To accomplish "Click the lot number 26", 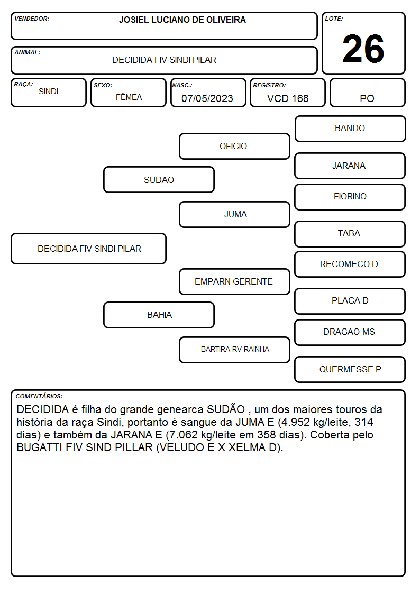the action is (x=363, y=49).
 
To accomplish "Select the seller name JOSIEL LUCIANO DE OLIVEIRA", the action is (x=182, y=20).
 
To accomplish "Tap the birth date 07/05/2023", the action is (x=207, y=98).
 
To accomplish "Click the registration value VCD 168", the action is (x=288, y=98).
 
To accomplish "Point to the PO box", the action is (x=367, y=93).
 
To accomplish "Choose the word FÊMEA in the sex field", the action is (x=129, y=97).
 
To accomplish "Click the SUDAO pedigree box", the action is (x=159, y=179).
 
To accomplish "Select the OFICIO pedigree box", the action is (x=234, y=146).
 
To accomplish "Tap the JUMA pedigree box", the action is (x=234, y=214).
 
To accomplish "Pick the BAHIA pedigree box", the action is (x=159, y=315).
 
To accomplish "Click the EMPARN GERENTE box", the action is (x=234, y=281).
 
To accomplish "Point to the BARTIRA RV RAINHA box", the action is (x=234, y=350).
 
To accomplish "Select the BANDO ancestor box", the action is (x=350, y=129).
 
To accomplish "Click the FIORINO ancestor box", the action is (x=350, y=197).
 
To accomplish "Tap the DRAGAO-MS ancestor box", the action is (x=350, y=332).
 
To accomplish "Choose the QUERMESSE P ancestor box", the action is (x=350, y=369).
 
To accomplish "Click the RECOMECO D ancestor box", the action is (x=350, y=264).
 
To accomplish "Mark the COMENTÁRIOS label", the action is (x=39, y=396).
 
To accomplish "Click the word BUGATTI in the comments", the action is (x=39, y=447).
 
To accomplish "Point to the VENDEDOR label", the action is (x=32, y=19).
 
